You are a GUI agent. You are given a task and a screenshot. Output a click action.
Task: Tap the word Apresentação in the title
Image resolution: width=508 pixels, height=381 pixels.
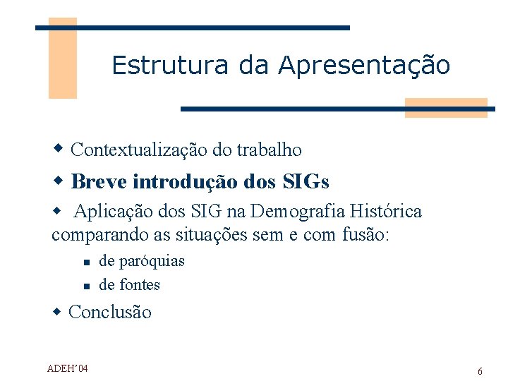(364, 66)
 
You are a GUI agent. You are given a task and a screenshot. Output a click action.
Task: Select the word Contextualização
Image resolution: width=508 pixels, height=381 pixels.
(140, 150)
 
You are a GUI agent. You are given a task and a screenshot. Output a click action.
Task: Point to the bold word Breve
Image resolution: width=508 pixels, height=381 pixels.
(99, 182)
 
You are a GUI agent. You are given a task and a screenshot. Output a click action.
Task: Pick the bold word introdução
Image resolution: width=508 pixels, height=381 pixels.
(185, 182)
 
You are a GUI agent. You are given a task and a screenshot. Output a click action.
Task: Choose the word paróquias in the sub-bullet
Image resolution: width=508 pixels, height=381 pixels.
(152, 261)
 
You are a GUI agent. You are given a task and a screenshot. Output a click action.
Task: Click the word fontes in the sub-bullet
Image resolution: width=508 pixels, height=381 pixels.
(139, 285)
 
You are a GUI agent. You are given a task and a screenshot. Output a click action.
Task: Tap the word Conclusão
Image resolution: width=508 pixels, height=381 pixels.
(110, 313)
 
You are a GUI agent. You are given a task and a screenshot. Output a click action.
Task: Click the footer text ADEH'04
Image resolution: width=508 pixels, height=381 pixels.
(68, 368)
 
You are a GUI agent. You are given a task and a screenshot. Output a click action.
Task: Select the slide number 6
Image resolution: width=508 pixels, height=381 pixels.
(480, 371)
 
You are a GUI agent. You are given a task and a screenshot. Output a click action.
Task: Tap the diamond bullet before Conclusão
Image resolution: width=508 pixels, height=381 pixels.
(59, 311)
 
